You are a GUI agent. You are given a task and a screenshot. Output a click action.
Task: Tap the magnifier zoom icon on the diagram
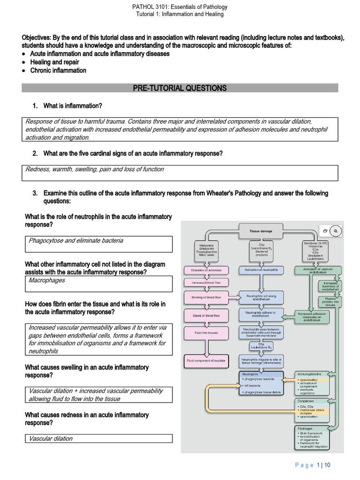pos(336,231)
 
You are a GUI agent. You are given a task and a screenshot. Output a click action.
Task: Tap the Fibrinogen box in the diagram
pos(312,437)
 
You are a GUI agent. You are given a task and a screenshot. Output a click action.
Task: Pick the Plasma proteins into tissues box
pos(331,301)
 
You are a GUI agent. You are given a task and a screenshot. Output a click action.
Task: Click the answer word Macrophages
pos(47,280)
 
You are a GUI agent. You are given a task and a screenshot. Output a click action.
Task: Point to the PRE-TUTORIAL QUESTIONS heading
pos(180,88)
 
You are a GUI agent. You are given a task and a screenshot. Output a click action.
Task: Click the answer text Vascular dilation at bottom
pos(51,439)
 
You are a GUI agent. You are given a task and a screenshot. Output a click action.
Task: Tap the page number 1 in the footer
pos(319,465)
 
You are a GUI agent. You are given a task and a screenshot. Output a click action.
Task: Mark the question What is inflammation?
pos(73,106)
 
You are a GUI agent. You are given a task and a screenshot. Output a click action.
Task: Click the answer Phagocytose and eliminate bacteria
pos(76,240)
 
